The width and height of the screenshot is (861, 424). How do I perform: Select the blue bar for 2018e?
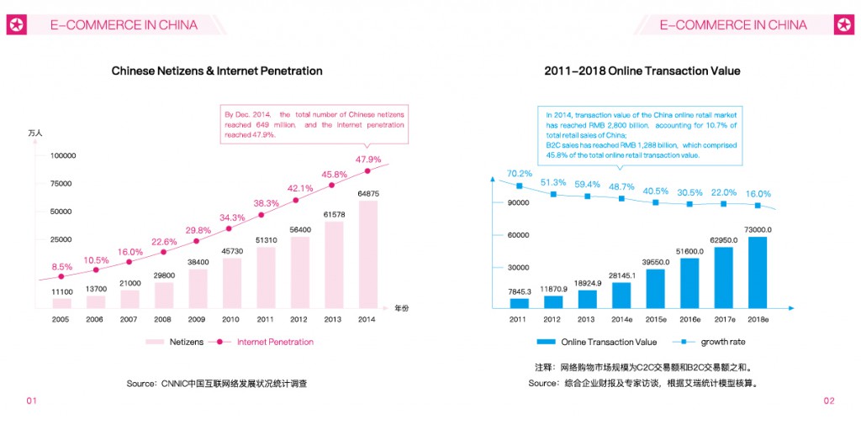tap(758, 272)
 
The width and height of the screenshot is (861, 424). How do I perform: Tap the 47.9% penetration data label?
tap(368, 160)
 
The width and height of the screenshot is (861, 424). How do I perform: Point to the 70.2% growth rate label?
tap(519, 174)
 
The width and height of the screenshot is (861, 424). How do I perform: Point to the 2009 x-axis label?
tap(198, 319)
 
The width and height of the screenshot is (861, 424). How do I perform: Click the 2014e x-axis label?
tap(621, 319)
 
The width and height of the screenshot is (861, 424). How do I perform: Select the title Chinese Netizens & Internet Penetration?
tap(217, 71)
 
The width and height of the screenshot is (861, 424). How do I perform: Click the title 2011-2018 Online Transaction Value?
tap(642, 71)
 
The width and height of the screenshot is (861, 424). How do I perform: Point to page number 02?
tap(829, 400)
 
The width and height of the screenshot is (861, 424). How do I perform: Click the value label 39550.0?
tap(655, 262)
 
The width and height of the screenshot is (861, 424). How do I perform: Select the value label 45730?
tap(231, 251)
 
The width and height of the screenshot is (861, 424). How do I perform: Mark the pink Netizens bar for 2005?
tap(61, 302)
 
